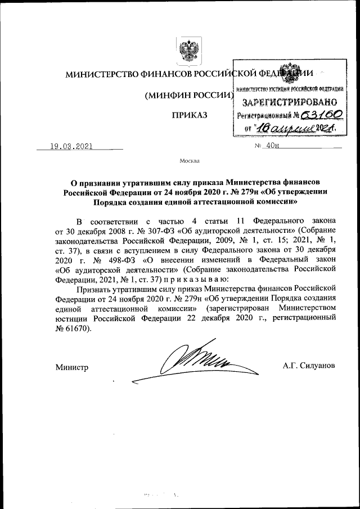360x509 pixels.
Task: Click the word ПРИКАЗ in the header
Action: click(190, 115)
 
